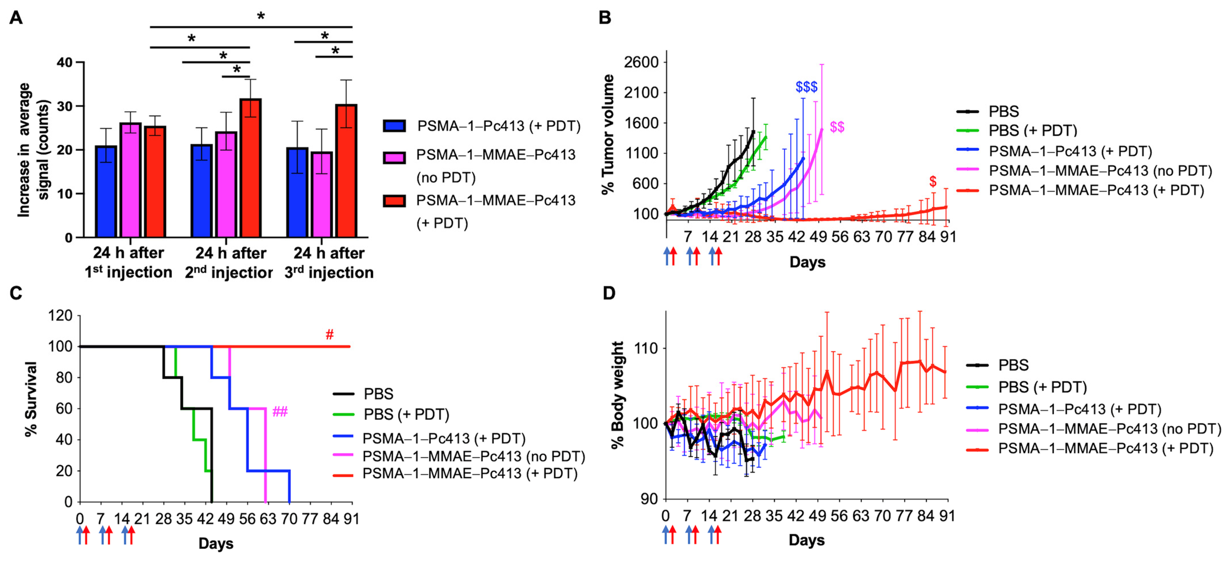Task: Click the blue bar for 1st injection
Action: coord(106,191)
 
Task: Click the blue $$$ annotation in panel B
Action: coord(806,87)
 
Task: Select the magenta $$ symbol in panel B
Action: coord(837,127)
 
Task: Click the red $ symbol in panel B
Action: coord(932,182)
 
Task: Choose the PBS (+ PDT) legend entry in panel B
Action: coord(1032,130)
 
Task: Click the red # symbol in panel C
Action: coord(329,334)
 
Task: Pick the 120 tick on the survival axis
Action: coord(60,316)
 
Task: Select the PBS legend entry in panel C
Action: coord(378,394)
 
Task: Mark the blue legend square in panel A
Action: coord(394,126)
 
